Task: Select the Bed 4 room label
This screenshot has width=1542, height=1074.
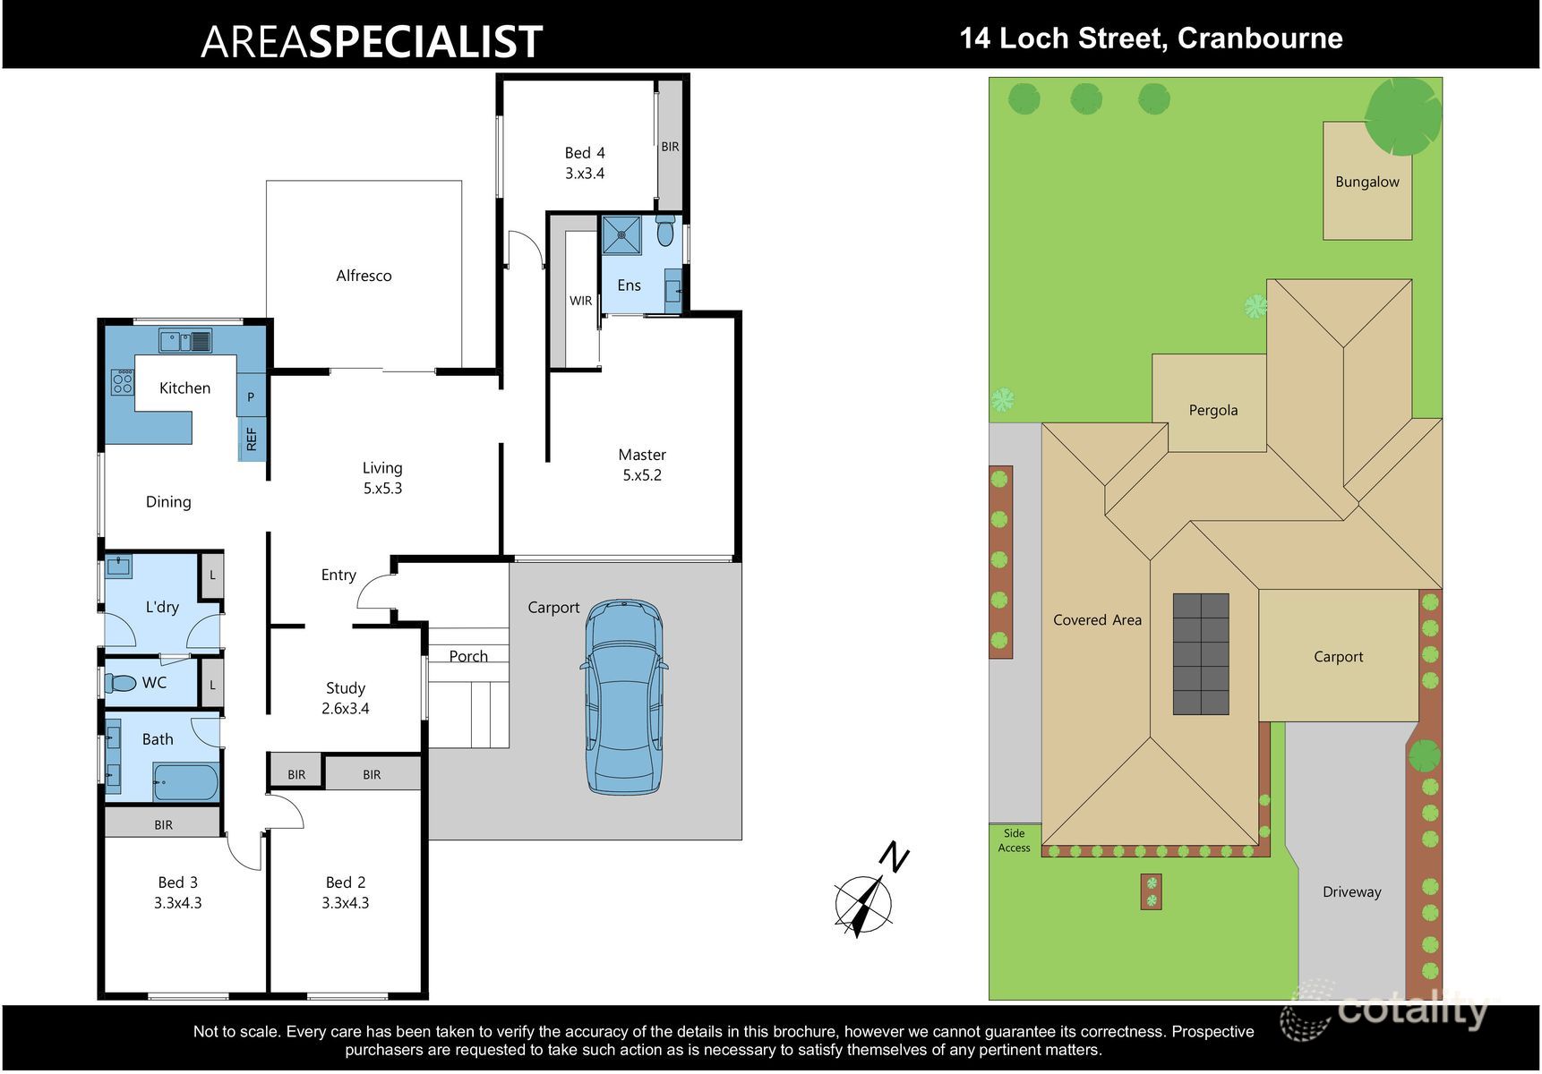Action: [x=585, y=163]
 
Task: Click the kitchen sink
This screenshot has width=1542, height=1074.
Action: [x=185, y=341]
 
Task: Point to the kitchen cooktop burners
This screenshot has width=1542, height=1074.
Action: [x=123, y=383]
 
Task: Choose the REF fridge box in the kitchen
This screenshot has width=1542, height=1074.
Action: [x=252, y=439]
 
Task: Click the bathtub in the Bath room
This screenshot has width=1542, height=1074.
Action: [x=185, y=783]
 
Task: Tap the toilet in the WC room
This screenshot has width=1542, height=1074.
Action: [x=120, y=683]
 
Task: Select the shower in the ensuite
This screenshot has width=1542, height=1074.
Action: [x=621, y=235]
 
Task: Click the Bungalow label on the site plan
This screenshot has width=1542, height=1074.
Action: [x=1366, y=182]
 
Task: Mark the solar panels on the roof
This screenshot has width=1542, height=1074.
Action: [x=1201, y=653]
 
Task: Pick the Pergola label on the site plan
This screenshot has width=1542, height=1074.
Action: [x=1213, y=410]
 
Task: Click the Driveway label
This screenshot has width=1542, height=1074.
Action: [x=1351, y=891]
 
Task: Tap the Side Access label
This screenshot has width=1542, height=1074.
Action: [x=1014, y=840]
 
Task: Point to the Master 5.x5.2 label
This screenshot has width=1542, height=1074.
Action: [x=642, y=465]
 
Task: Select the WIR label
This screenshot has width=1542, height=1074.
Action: [x=580, y=301]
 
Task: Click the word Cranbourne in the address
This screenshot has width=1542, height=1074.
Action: [x=1260, y=38]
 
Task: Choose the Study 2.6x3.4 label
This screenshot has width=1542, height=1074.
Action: [x=345, y=698]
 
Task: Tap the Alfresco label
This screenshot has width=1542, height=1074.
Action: [x=364, y=276]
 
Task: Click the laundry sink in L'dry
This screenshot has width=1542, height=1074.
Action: [x=118, y=567]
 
